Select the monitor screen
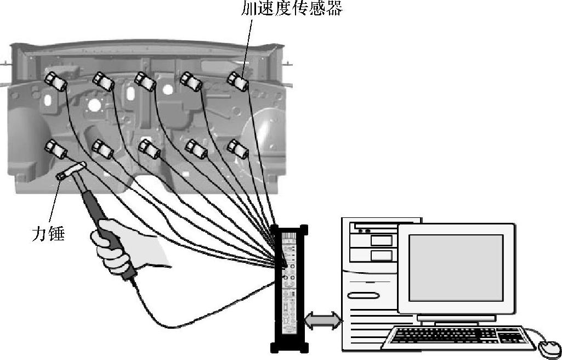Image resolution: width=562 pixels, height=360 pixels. (x=456, y=267)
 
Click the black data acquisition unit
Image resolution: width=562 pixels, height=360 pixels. (x=289, y=288)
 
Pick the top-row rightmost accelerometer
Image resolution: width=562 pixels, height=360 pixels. (x=238, y=81)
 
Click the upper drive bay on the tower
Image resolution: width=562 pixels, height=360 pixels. (x=382, y=240)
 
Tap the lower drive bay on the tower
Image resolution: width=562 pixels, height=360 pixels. (x=382, y=255)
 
